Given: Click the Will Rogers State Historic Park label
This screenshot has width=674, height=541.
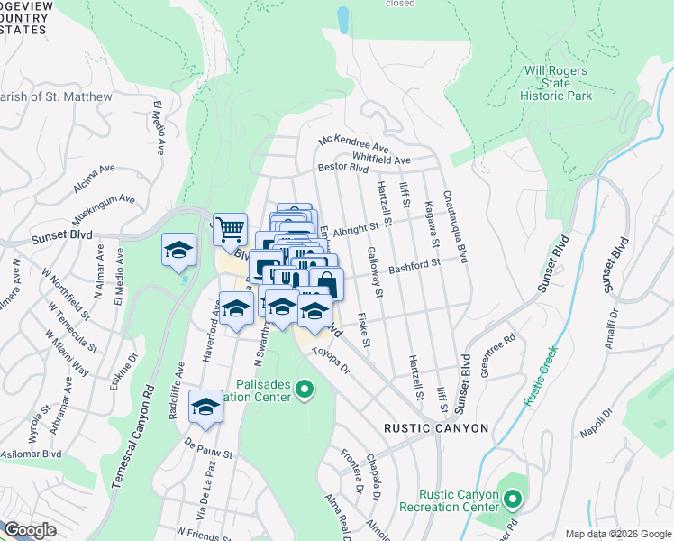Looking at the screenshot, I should point(557,83).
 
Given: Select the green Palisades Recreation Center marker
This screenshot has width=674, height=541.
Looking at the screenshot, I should point(305,390).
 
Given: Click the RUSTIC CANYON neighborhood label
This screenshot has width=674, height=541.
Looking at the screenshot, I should point(436,428).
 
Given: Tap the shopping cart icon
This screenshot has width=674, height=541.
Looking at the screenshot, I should point(230,228).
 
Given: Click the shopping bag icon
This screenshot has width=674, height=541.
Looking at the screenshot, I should point(326,283).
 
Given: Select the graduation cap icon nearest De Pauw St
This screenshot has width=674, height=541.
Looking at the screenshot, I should point(206,408).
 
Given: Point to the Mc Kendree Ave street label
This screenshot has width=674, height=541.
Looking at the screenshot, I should point(354,144).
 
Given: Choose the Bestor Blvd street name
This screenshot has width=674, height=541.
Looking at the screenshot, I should point(342,168).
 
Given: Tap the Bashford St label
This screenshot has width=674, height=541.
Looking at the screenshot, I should point(414,266).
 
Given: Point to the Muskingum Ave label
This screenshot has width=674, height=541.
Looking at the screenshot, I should point(104,206).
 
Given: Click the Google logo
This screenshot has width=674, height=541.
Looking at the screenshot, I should point(30,530).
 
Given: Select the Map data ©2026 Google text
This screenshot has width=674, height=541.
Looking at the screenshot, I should point(617,534).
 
